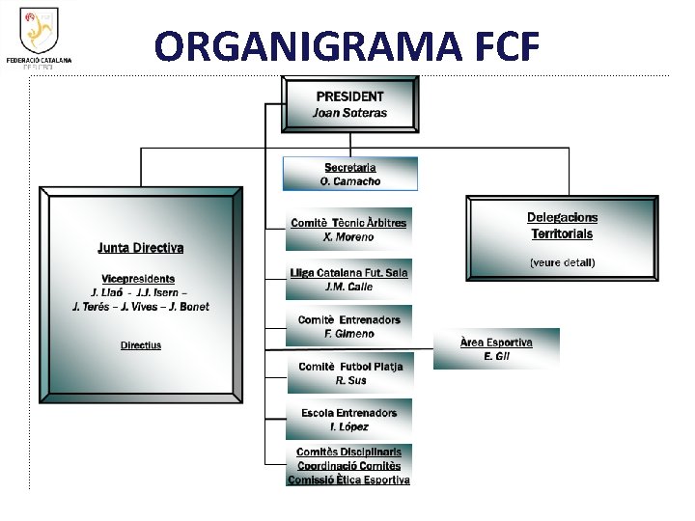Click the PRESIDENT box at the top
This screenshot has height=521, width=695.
[x=349, y=104]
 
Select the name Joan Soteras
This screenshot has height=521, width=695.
[x=349, y=113]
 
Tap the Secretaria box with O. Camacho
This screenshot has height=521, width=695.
[x=349, y=175]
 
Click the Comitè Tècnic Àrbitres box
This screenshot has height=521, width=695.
[x=348, y=230]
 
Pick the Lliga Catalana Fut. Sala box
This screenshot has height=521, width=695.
[x=348, y=280]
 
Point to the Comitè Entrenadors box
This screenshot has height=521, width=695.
[x=348, y=327]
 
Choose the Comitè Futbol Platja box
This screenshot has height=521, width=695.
[x=349, y=373]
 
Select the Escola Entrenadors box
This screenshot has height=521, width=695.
[x=348, y=420]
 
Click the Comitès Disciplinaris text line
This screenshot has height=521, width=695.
[x=348, y=452]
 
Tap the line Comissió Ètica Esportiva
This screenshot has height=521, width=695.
[x=348, y=480]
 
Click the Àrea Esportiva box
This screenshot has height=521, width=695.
[x=496, y=349]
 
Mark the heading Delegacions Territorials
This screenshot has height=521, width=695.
[x=562, y=226]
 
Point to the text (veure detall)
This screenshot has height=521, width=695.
[x=562, y=262]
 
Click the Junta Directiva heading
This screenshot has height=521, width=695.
[x=141, y=248]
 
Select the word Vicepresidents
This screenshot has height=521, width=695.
[x=140, y=279]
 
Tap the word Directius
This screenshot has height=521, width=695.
[x=141, y=345]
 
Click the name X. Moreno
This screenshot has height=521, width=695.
[x=348, y=237]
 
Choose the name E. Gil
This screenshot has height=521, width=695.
[x=496, y=357]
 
